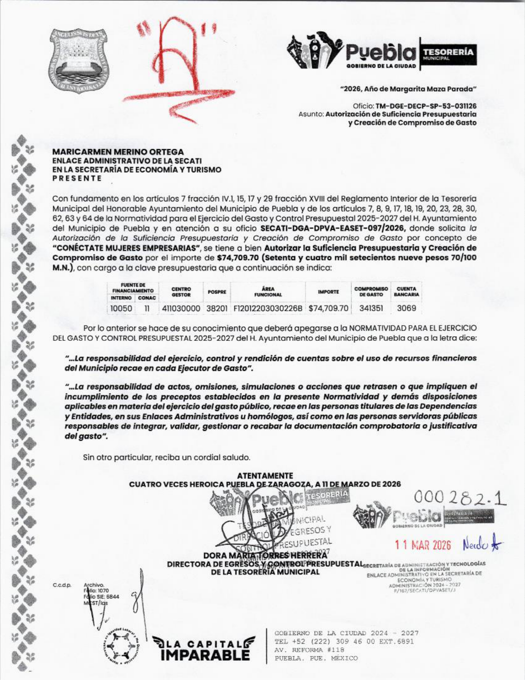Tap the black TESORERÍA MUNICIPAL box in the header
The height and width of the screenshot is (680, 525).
448,54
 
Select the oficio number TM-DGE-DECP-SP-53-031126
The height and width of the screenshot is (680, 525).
426,106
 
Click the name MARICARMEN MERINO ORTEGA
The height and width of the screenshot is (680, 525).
118,152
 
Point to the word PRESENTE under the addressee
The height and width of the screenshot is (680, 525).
77,178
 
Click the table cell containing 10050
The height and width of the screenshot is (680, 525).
121,308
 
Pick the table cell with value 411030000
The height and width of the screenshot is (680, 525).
181,308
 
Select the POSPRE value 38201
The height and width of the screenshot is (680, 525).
217,308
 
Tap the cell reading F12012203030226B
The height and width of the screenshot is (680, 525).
268,308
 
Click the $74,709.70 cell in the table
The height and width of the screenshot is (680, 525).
328,308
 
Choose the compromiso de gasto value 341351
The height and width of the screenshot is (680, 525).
371,308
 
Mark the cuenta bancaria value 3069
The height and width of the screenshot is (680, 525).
406,308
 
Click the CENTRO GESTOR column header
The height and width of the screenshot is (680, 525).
181,292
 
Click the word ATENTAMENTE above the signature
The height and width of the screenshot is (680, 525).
265,476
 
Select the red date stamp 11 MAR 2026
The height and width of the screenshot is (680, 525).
423,545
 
